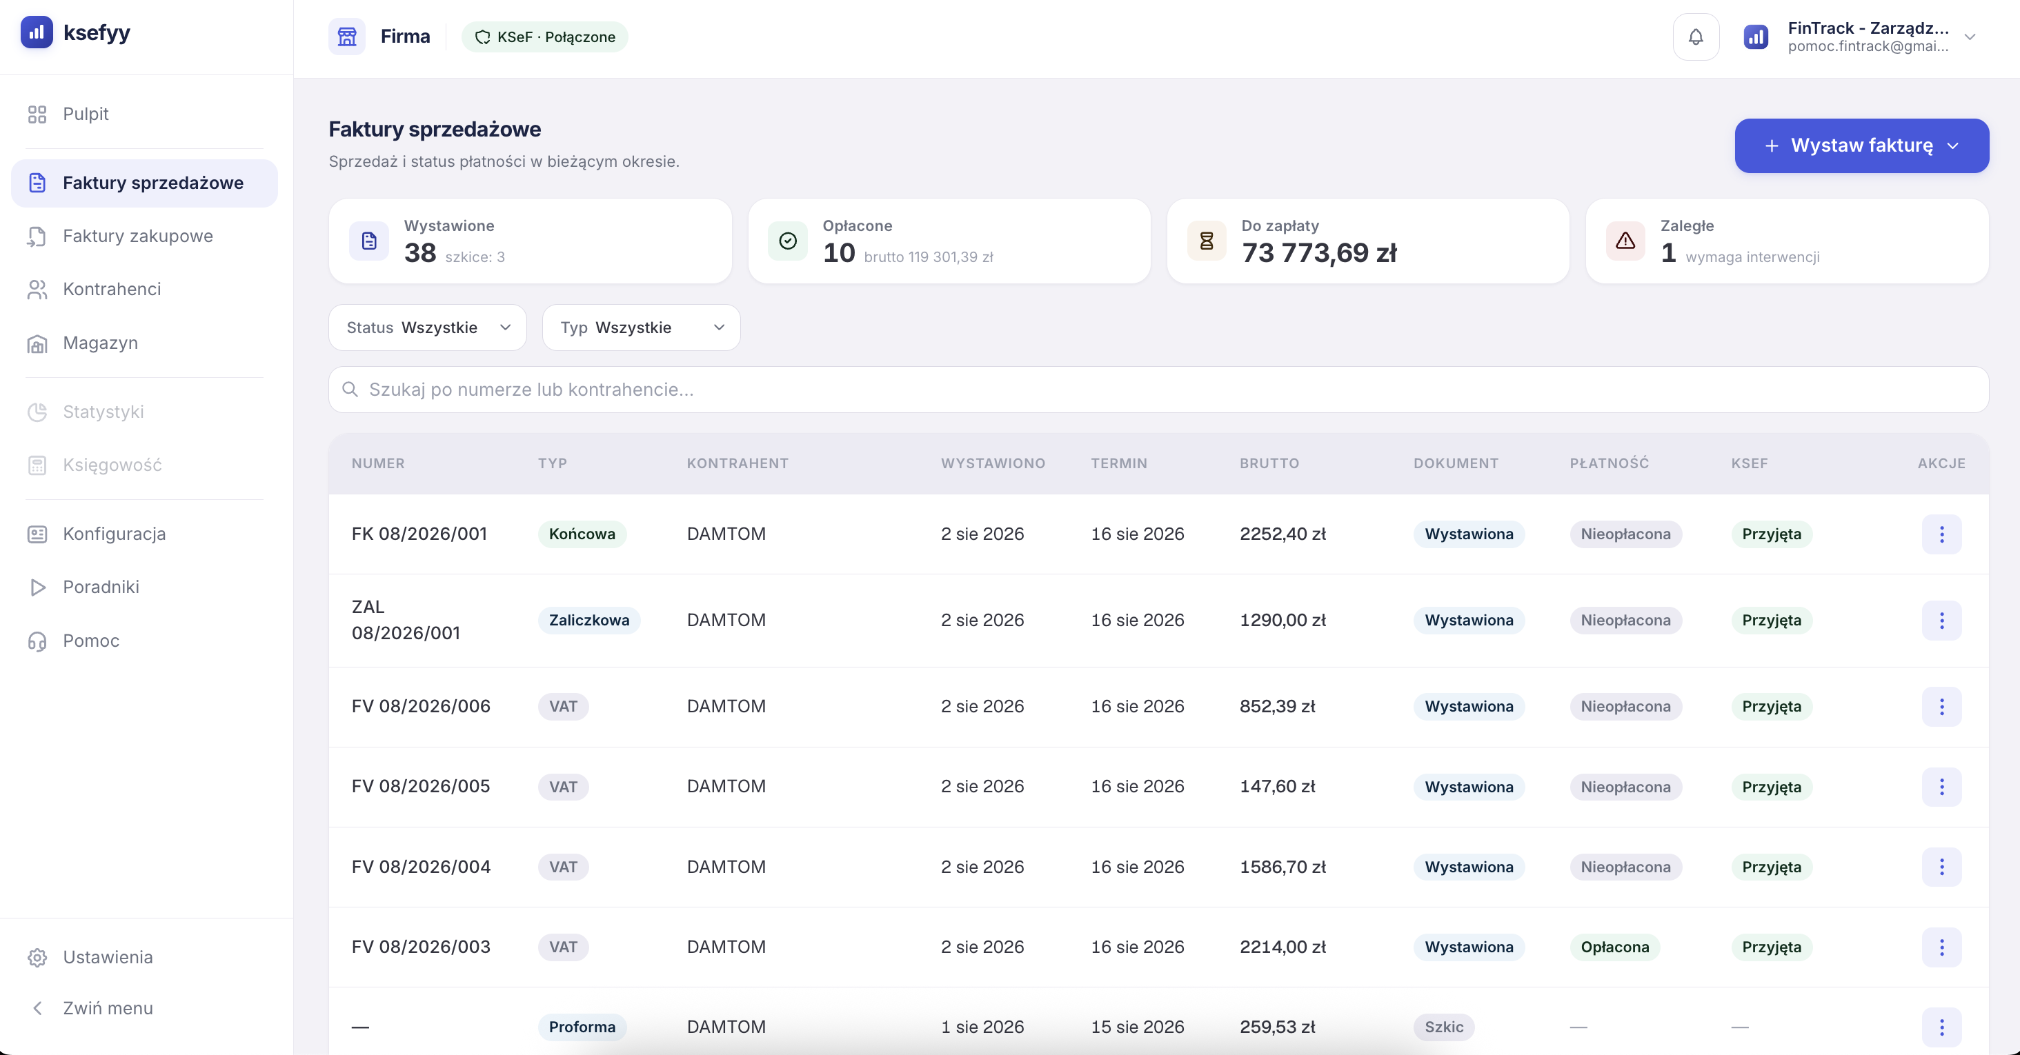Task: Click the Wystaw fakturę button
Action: [1861, 145]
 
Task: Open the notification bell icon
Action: [1695, 37]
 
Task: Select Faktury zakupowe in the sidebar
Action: [137, 236]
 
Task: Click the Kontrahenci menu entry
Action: [111, 289]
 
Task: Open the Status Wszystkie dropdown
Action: [427, 328]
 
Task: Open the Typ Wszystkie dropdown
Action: [641, 328]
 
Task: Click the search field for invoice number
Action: [1158, 390]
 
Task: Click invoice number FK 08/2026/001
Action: [419, 534]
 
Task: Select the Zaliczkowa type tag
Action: [589, 620]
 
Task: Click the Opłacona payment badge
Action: [1614, 947]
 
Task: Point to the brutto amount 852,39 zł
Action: [1276, 706]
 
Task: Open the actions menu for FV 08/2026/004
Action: [1941, 867]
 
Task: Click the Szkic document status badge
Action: [1444, 1027]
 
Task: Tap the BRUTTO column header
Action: [1269, 463]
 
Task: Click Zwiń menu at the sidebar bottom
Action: [108, 1008]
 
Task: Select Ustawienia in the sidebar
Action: [108, 957]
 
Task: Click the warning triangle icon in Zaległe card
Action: [1625, 241]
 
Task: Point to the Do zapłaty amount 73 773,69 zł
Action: [1319, 252]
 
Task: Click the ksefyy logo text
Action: [97, 33]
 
